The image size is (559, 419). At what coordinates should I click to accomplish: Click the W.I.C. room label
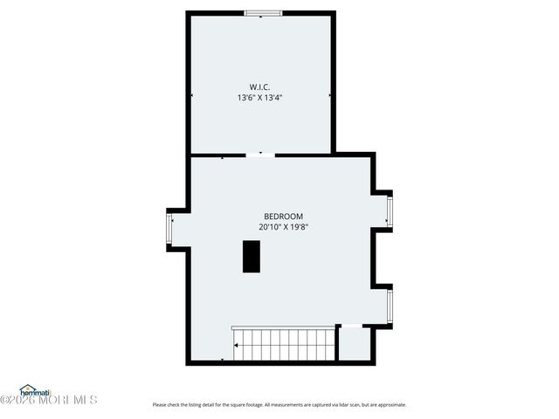pos(259,86)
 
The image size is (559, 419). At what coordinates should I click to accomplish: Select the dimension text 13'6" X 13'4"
pos(259,98)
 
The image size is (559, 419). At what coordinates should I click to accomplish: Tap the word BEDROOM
pos(283,216)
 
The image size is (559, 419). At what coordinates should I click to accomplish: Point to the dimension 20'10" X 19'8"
pos(283,227)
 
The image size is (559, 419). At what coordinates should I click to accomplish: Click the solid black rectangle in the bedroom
pos(252,256)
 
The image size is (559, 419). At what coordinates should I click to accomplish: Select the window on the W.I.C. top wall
pos(262,13)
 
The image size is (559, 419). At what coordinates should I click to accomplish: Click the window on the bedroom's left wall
pos(170,230)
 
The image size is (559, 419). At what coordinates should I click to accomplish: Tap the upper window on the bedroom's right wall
pos(390,209)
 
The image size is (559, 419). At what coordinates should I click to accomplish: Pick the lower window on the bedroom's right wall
pos(390,306)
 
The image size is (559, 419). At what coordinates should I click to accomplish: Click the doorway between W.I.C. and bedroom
pos(259,155)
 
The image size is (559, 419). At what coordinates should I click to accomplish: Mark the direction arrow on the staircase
pos(236,346)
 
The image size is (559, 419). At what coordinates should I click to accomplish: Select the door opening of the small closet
pos(350,326)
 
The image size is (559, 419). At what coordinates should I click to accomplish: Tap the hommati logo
pos(35,391)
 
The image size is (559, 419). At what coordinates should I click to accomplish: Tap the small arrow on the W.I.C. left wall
pos(192,94)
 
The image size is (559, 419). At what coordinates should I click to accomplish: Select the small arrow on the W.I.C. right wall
pos(329,94)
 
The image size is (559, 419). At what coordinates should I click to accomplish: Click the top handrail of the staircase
pos(283,328)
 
